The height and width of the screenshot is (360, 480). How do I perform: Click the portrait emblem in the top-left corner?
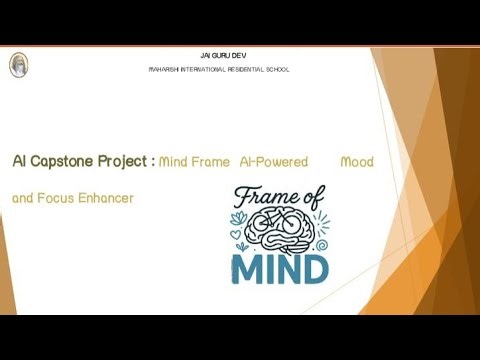click(18, 65)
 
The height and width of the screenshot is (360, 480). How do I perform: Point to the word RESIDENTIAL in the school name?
click(248, 69)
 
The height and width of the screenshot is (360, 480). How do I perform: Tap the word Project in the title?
click(126, 161)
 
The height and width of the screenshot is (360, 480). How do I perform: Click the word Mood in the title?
click(357, 161)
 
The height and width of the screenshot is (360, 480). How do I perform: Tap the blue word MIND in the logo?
click(280, 269)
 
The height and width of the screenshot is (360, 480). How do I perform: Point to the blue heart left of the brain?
click(236, 234)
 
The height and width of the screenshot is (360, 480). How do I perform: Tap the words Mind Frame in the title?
click(195, 161)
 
